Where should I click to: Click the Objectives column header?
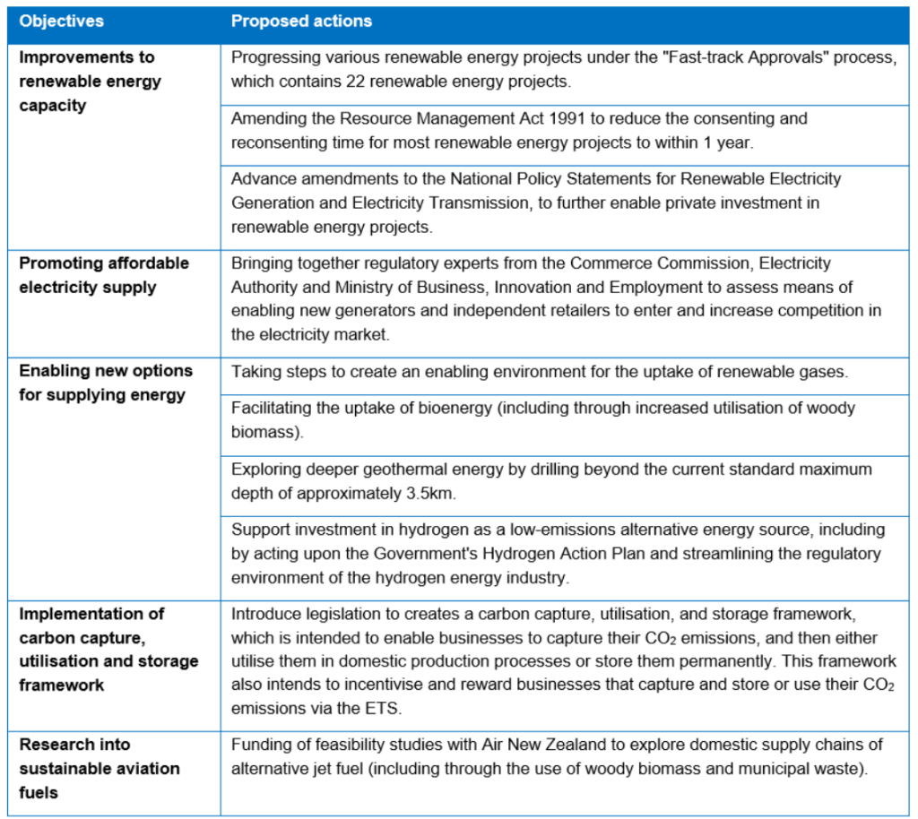(x=61, y=21)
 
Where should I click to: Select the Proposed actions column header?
(x=301, y=21)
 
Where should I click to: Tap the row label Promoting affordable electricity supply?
(x=104, y=275)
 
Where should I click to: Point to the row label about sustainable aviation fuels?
(x=100, y=768)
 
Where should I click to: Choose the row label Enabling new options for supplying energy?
(x=106, y=383)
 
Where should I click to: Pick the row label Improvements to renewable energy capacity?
(x=91, y=81)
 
